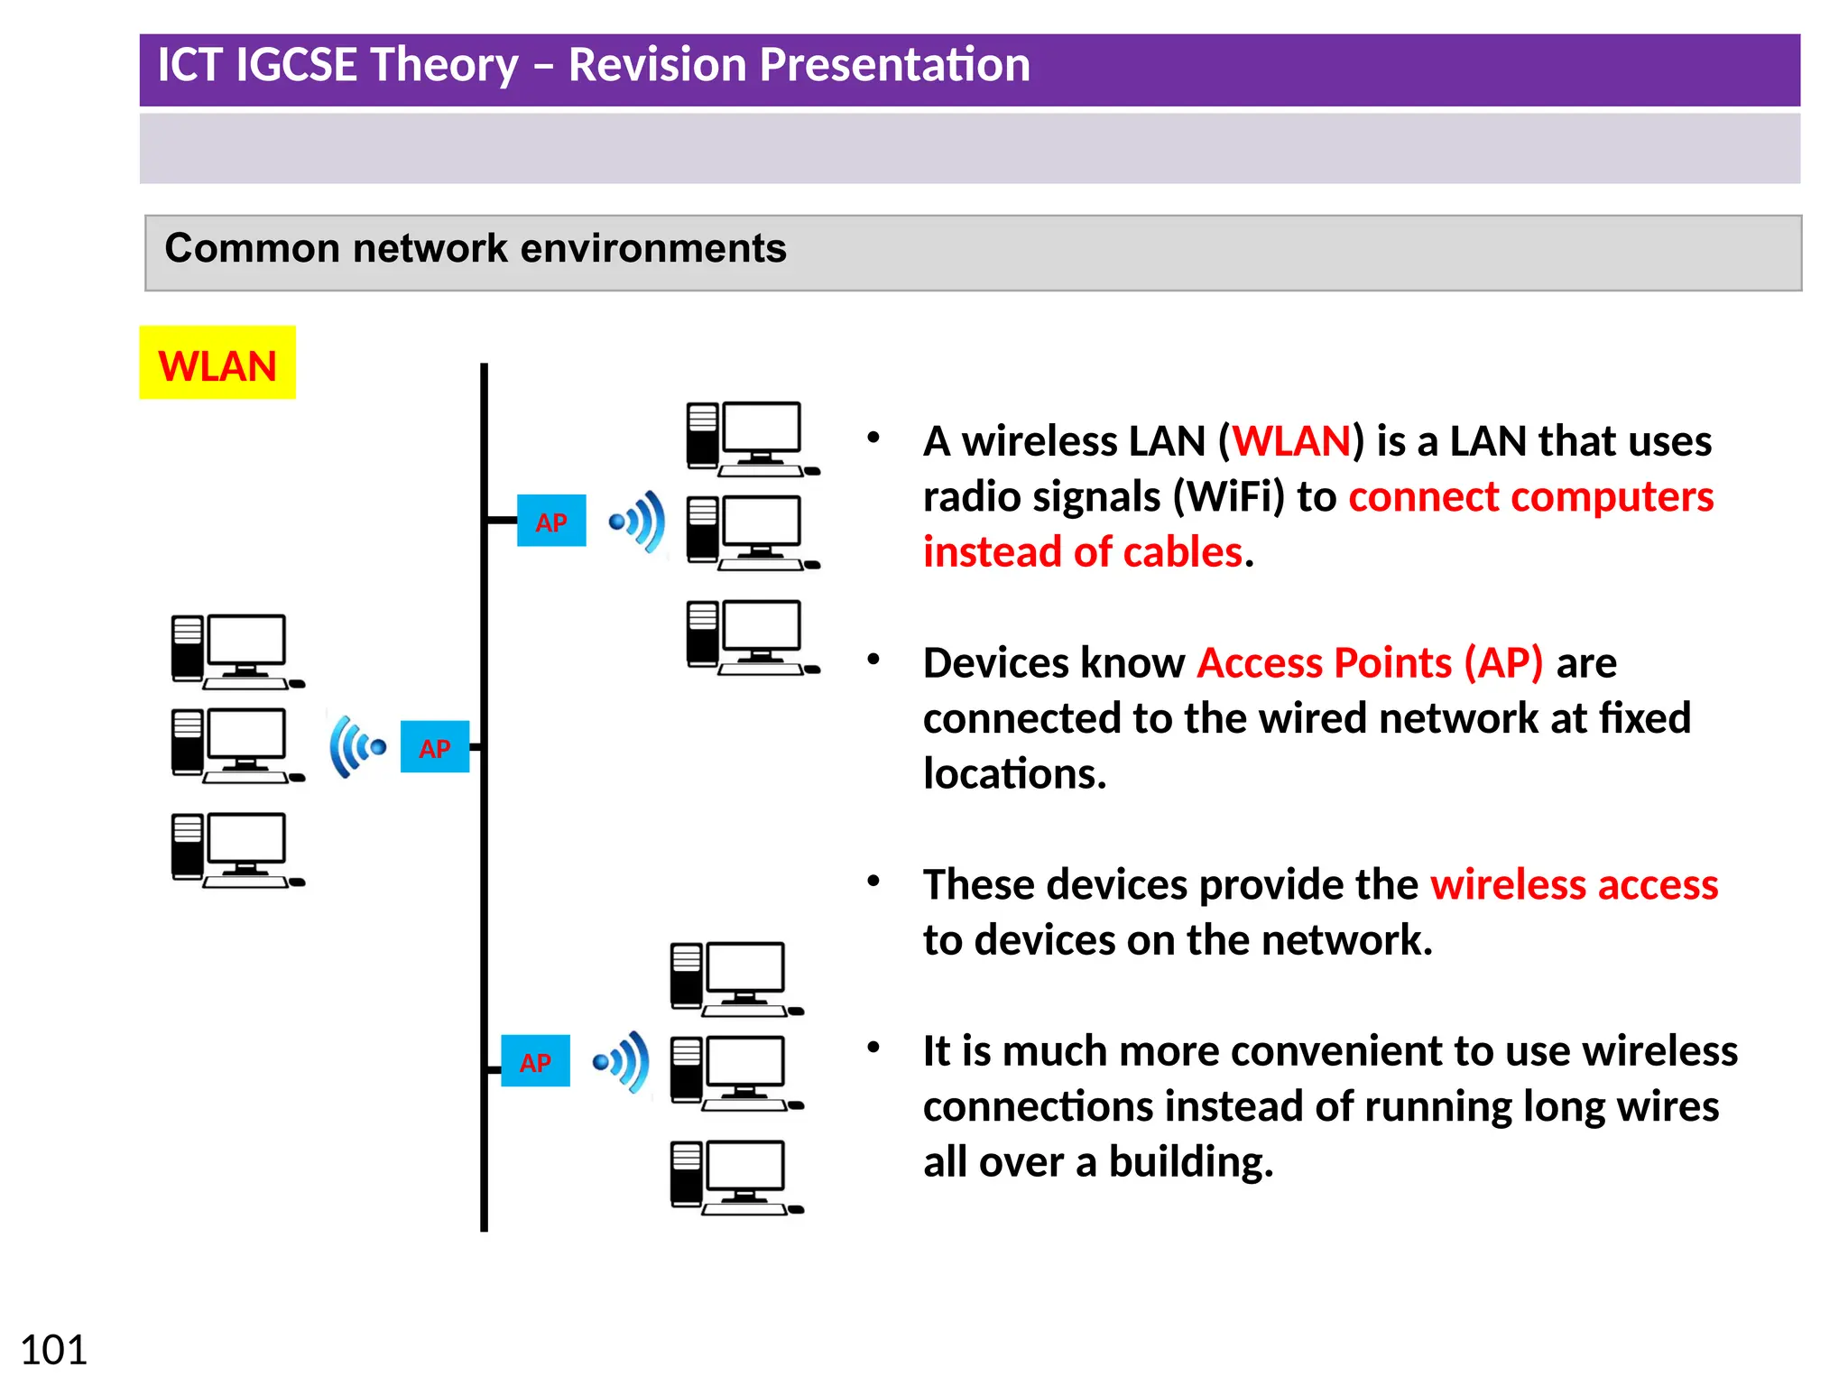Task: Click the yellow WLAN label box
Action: (x=217, y=363)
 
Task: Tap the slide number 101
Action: (x=53, y=1350)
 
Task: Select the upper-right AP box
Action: (x=550, y=521)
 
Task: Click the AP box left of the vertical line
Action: (x=434, y=747)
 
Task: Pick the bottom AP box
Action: (x=535, y=1061)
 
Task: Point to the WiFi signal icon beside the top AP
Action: (x=638, y=522)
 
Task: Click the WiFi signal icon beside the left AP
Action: (x=357, y=746)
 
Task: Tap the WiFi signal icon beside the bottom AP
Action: (x=622, y=1062)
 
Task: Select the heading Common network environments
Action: (x=475, y=248)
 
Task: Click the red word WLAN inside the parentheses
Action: (x=1291, y=441)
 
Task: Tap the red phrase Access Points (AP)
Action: (x=1370, y=663)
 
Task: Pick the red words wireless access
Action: (x=1574, y=884)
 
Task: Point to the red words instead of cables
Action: (x=1082, y=552)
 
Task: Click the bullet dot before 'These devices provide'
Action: (x=873, y=882)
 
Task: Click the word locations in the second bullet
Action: (x=1013, y=774)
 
